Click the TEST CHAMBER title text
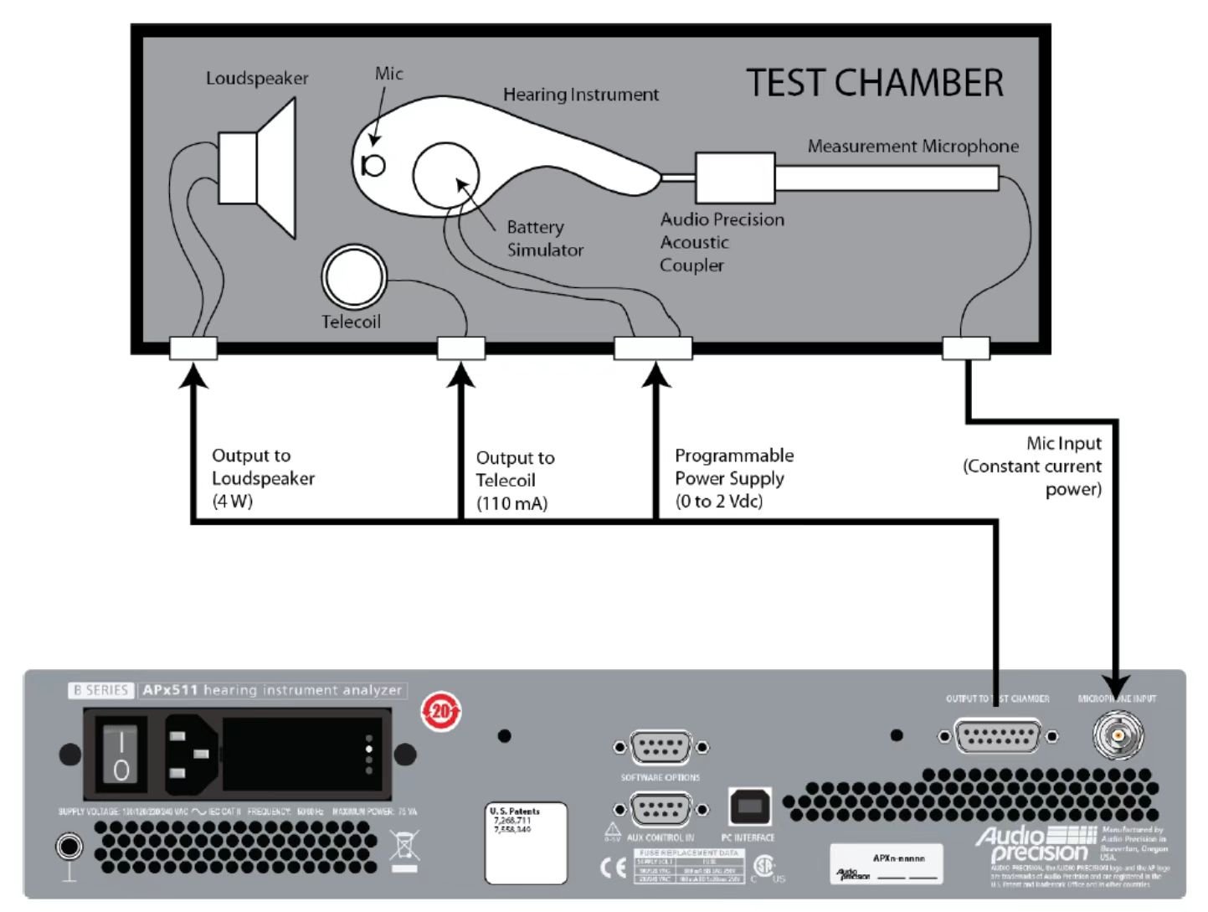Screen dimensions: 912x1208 [x=874, y=83]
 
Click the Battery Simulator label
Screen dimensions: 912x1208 [x=544, y=239]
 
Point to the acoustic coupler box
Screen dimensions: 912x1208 [x=734, y=178]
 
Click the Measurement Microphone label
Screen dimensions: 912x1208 [x=912, y=147]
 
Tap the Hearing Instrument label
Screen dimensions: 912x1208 [x=580, y=95]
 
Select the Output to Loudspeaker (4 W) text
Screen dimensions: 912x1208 [x=263, y=478]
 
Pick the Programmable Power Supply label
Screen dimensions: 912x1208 [x=733, y=478]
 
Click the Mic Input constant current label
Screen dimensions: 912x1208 [x=1033, y=466]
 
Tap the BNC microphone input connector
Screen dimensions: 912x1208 [x=1118, y=736]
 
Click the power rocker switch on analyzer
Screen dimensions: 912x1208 [x=121, y=755]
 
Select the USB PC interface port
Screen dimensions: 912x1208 [x=749, y=806]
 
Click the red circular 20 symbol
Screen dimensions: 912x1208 [x=440, y=712]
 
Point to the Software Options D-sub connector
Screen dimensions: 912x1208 [x=661, y=747]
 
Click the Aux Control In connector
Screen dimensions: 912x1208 [x=661, y=810]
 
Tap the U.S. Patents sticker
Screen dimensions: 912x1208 [x=526, y=842]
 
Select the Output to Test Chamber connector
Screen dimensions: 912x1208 [x=998, y=737]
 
